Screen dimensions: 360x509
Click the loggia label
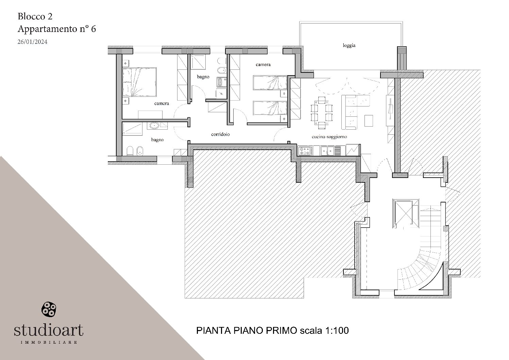(x=349, y=45)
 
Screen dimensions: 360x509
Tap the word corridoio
(x=220, y=134)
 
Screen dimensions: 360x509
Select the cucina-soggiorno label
(x=329, y=137)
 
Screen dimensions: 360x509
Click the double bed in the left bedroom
(x=139, y=82)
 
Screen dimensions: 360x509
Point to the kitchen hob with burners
(x=305, y=150)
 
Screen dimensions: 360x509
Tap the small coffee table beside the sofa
(x=368, y=120)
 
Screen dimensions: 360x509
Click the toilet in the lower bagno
(x=130, y=151)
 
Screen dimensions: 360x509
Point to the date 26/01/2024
(x=32, y=42)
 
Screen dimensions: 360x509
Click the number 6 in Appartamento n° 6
(x=93, y=29)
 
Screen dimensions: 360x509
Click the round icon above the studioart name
(x=48, y=309)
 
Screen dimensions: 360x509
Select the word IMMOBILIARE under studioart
(x=48, y=342)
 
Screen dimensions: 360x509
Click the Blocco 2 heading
(x=35, y=16)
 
